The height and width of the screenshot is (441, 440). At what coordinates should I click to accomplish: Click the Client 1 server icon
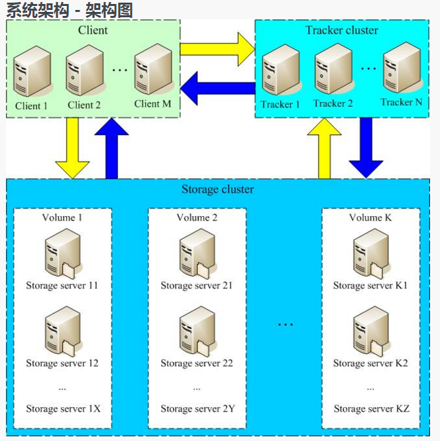click(x=31, y=72)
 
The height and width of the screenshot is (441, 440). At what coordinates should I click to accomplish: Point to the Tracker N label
click(x=401, y=102)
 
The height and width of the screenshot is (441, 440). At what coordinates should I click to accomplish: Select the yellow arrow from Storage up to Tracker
click(x=324, y=150)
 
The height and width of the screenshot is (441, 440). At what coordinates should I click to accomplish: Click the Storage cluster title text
click(x=217, y=190)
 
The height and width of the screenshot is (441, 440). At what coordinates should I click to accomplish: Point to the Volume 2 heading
click(x=197, y=218)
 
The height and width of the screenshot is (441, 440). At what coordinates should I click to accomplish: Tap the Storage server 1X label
click(x=63, y=409)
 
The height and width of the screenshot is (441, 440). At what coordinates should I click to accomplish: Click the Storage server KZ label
click(x=371, y=409)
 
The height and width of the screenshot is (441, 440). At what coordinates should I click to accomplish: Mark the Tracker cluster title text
click(x=341, y=30)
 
